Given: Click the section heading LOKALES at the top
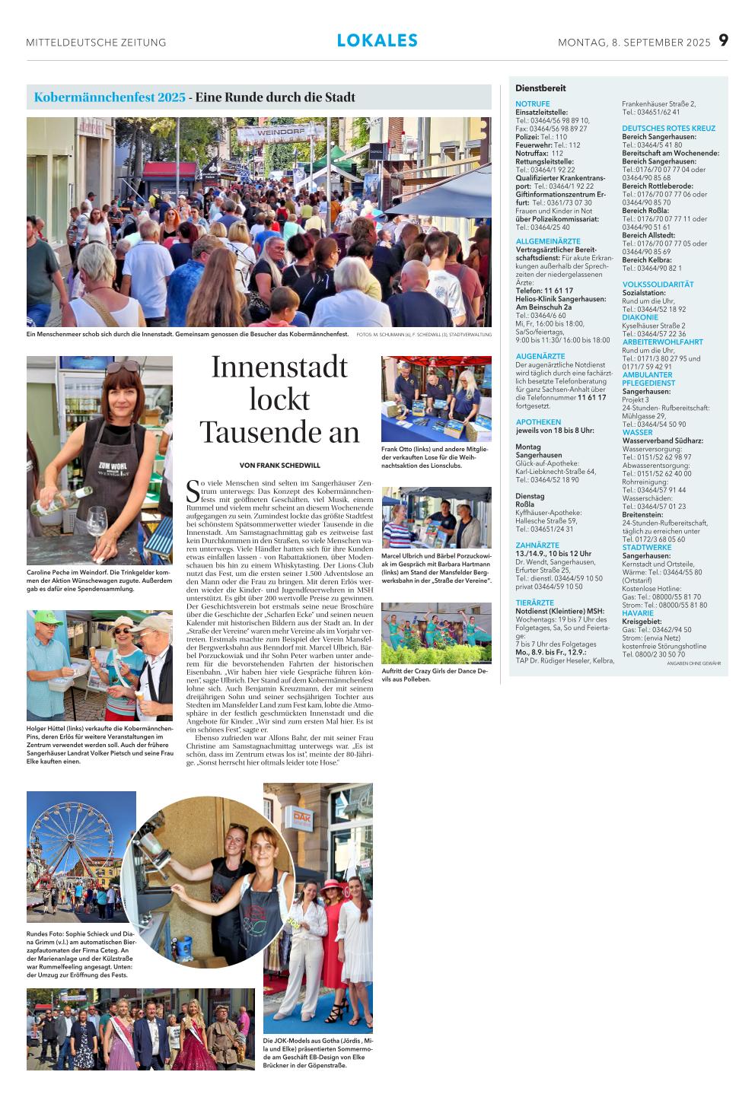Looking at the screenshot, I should [377, 41].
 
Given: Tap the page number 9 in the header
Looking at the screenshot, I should [723, 41].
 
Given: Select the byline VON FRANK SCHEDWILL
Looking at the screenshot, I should [279, 465].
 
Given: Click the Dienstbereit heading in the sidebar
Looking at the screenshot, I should [540, 88].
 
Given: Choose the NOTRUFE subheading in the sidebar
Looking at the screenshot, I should [532, 103].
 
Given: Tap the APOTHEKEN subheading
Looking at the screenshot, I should [538, 421].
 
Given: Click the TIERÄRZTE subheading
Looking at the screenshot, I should [534, 603].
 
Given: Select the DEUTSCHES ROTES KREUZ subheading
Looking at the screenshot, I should [668, 129].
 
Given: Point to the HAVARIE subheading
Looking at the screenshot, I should [637, 613].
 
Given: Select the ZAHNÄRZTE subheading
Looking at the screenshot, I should [537, 545].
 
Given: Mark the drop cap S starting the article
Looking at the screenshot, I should [193, 491].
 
